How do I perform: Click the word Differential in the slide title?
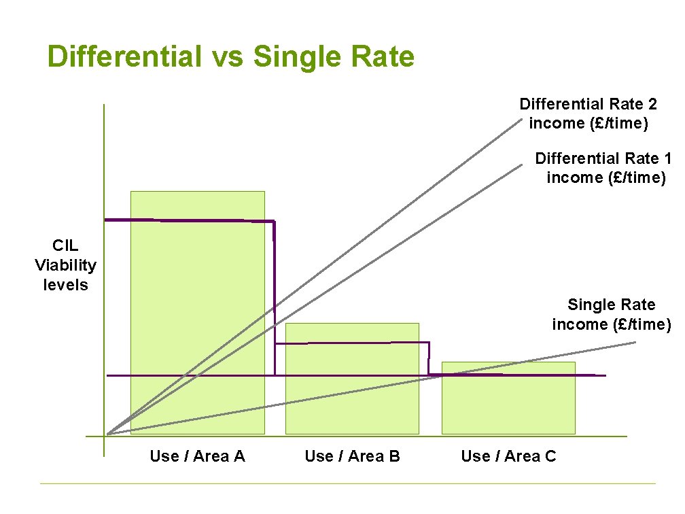pos(124,57)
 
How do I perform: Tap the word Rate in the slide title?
pos(383,57)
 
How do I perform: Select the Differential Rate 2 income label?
pos(589,114)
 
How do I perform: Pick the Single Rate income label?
pos(611,314)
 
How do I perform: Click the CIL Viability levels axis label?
pos(65,265)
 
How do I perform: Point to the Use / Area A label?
pos(197,456)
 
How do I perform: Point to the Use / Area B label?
pos(352,456)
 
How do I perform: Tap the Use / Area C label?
pos(508,456)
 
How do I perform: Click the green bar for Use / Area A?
pos(197,313)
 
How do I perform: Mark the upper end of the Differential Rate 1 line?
pos(522,165)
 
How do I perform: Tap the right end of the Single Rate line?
pos(635,342)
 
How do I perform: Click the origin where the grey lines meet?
pos(108,434)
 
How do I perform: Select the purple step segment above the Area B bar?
pos(352,343)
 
